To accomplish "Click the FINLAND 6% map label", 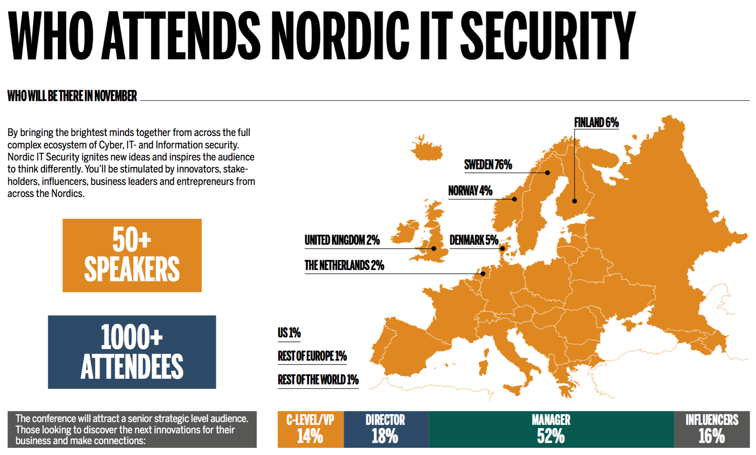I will [x=596, y=122].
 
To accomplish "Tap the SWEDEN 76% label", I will [x=488, y=165].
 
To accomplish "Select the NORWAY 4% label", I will [x=470, y=191].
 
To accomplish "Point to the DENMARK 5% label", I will [x=474, y=240].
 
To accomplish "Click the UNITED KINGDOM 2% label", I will [x=342, y=240].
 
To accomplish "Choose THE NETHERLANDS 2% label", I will [x=344, y=265].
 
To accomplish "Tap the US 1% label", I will [x=289, y=333].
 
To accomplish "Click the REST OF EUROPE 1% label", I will [x=312, y=356].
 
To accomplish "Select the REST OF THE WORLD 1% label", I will [x=318, y=380].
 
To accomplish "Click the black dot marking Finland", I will [x=575, y=201].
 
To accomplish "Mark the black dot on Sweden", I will [x=547, y=173].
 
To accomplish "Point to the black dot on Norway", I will [x=515, y=199].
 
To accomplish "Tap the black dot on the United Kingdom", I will [x=434, y=249].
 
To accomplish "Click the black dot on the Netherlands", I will [x=483, y=274].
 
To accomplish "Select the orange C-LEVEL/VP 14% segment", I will [x=311, y=429].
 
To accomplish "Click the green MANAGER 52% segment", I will [x=551, y=429].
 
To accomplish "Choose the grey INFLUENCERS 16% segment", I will [x=712, y=429].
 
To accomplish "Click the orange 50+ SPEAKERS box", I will [x=132, y=255].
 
